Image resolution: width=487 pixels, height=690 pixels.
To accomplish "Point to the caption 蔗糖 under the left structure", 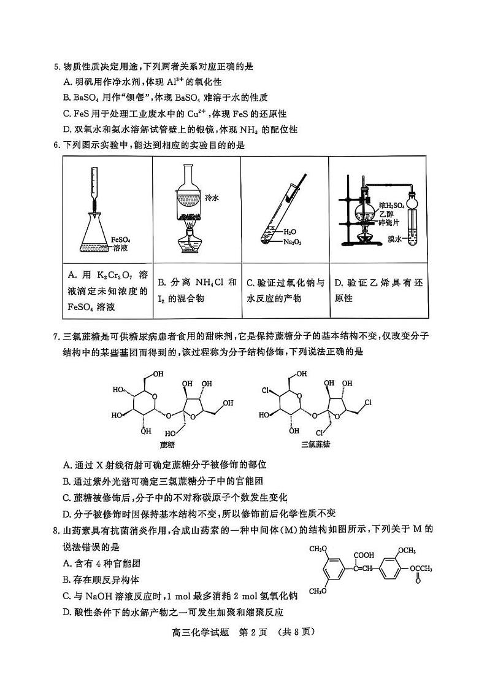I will pos(167,444).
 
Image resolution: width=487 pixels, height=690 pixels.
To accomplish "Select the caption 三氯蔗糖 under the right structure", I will pos(316,444).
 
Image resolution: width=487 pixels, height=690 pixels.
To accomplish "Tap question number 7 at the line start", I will pos(57,336).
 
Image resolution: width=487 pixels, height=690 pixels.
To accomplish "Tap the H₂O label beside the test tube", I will pos(290,232).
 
